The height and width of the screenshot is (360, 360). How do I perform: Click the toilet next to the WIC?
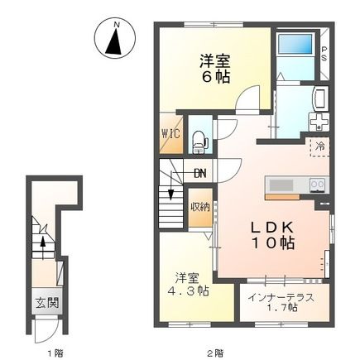click(x=199, y=141)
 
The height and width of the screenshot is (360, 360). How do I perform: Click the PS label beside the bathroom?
click(x=324, y=53)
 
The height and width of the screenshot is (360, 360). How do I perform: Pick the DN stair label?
click(x=200, y=174)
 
